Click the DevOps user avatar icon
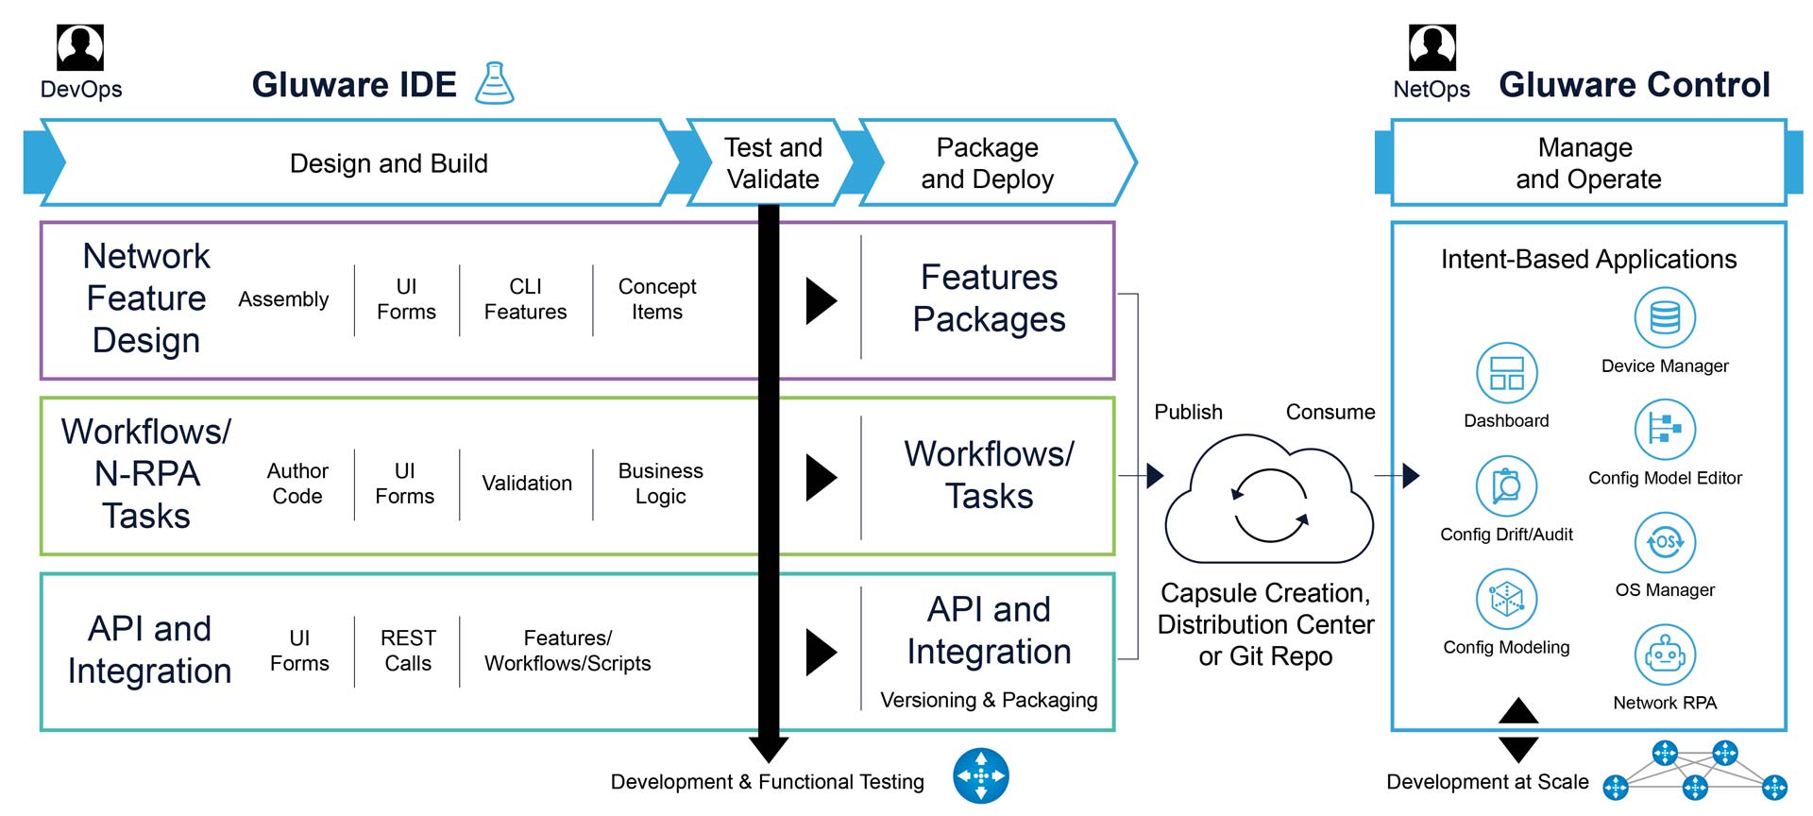pos(80,47)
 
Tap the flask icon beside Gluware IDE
pos(494,83)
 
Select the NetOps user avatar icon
pos(1432,47)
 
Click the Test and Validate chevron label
pos(772,162)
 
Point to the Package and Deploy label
pos(987,162)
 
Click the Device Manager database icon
pos(1665,317)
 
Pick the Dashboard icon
pos(1506,373)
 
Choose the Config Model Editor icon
pos(1665,430)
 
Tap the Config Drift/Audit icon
pos(1506,486)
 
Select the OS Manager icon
pos(1665,542)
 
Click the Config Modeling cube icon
pos(1506,599)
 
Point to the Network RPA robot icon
pos(1665,654)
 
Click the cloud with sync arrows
pos(1269,501)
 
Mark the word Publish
pos(1188,412)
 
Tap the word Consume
pos(1330,412)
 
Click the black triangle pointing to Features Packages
pos(821,300)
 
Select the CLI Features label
pos(525,299)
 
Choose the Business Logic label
pos(660,484)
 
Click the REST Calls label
pos(408,651)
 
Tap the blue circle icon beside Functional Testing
pos(980,775)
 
